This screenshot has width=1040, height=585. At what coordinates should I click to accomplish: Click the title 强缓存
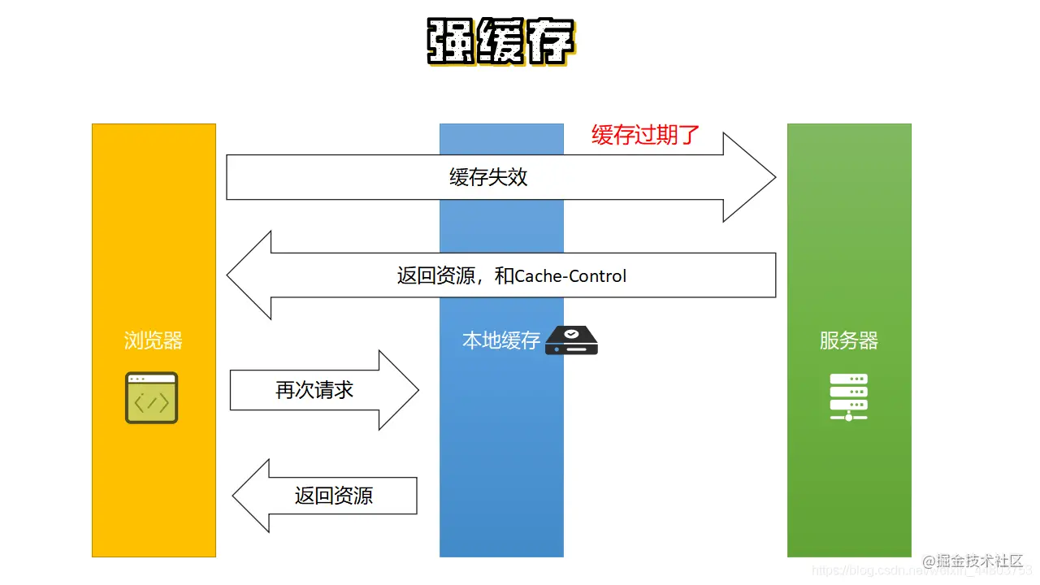501,41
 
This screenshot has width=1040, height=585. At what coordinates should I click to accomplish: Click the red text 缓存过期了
645,135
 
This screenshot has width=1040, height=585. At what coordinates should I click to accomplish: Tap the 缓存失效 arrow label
488,177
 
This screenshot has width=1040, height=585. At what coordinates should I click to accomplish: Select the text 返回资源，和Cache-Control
511,275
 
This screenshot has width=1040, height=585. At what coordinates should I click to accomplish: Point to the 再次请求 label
314,390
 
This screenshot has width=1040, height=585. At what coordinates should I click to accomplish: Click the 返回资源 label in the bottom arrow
333,496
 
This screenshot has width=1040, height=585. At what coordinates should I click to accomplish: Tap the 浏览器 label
154,340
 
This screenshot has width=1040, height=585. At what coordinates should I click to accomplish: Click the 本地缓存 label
500,340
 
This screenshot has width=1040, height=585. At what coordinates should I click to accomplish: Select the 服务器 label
849,340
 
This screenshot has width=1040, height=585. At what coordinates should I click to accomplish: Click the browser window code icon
151,398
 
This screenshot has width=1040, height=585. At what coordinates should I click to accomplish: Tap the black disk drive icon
571,340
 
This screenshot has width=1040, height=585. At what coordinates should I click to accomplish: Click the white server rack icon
849,396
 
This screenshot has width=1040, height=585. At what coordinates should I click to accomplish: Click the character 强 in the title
452,41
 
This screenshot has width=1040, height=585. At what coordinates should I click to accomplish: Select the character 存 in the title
551,41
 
